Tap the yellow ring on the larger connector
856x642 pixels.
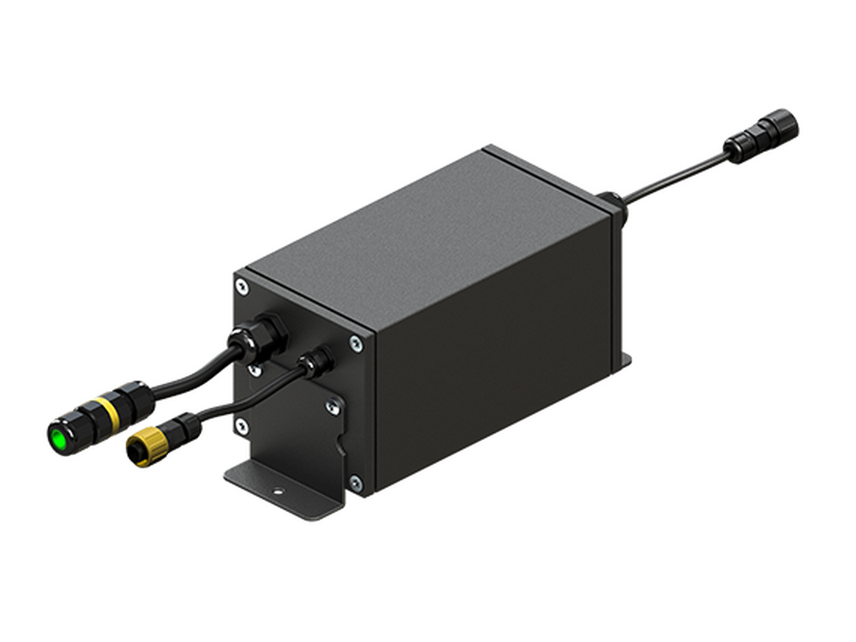click(x=104, y=412)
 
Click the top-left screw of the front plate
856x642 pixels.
click(x=242, y=286)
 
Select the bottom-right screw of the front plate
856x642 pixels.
click(x=356, y=482)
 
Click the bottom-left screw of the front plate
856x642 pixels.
click(x=242, y=425)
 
